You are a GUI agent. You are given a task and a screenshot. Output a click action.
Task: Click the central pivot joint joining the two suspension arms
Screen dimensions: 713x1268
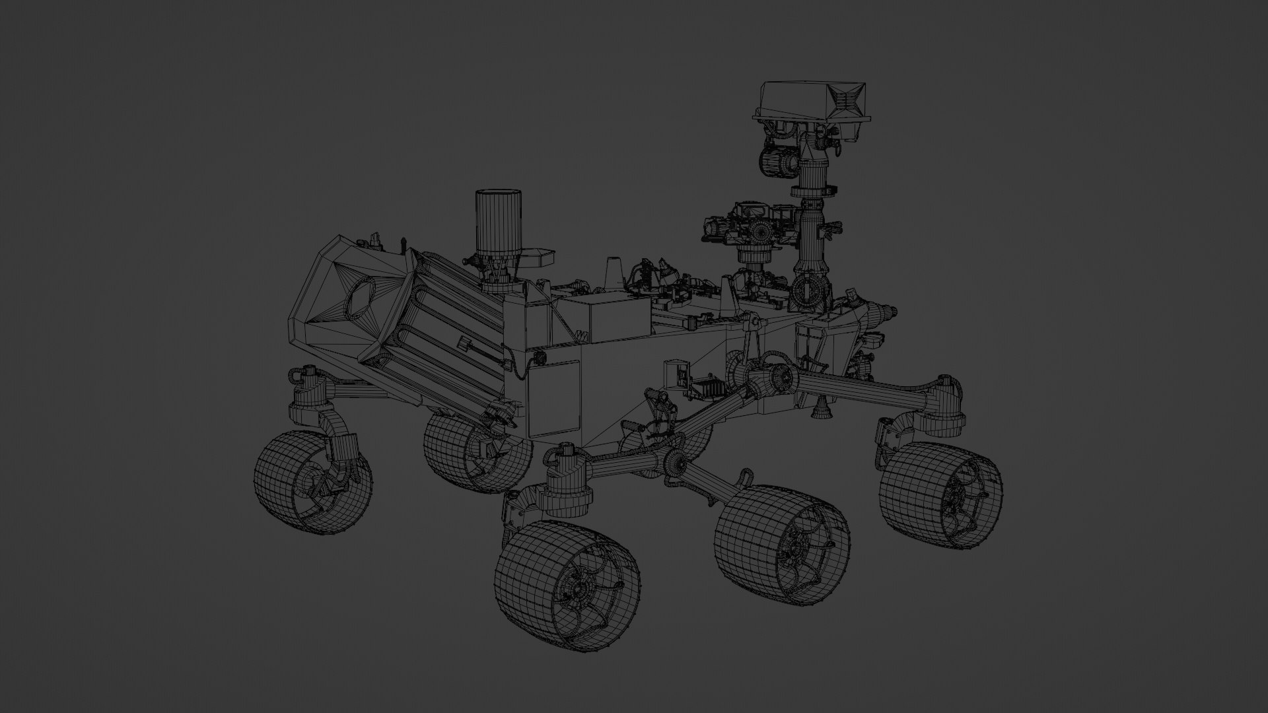coord(773,379)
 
